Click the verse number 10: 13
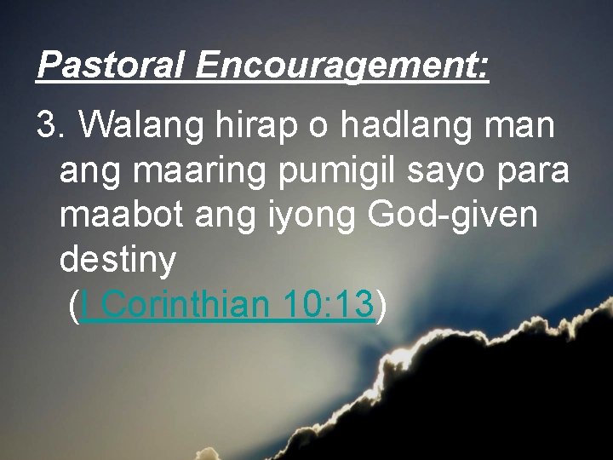point(323,305)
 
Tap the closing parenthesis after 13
point(381,305)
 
